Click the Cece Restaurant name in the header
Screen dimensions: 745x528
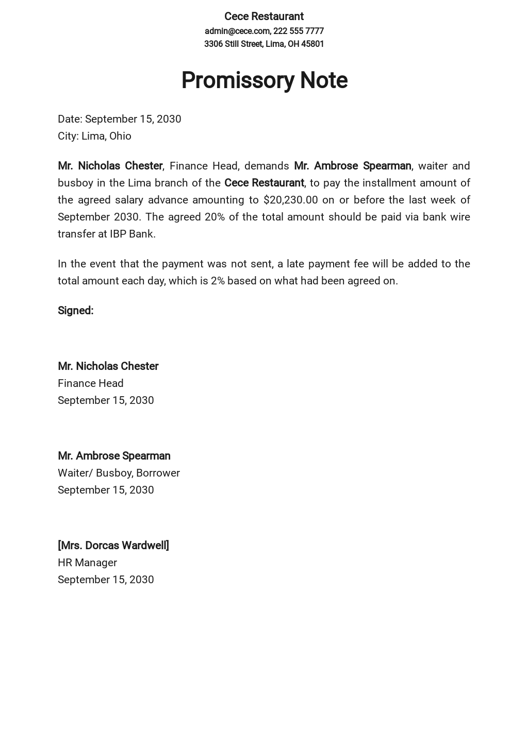pyautogui.click(x=263, y=16)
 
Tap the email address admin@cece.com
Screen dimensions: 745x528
pyautogui.click(x=237, y=31)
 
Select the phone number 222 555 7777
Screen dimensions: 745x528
pyautogui.click(x=298, y=31)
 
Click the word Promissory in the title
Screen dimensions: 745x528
pyautogui.click(x=237, y=80)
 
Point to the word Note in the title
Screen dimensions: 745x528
pyautogui.click(x=323, y=80)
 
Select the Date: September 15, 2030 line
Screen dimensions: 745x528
pyautogui.click(x=119, y=119)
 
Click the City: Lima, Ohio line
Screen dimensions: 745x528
pyautogui.click(x=94, y=136)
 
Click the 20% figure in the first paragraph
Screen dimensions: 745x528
pyautogui.click(x=214, y=217)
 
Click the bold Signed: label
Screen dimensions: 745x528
pyautogui.click(x=75, y=311)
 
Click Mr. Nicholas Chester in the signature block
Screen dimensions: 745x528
pyautogui.click(x=108, y=366)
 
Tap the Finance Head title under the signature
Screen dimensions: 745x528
pyautogui.click(x=90, y=383)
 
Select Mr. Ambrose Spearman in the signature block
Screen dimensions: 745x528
pyautogui.click(x=114, y=456)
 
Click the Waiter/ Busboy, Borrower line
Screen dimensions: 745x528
pyautogui.click(x=119, y=473)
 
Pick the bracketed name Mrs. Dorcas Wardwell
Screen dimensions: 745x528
pyautogui.click(x=113, y=546)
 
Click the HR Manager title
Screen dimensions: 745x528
pyautogui.click(x=87, y=563)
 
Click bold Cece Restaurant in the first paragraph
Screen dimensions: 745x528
pyautogui.click(x=264, y=183)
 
